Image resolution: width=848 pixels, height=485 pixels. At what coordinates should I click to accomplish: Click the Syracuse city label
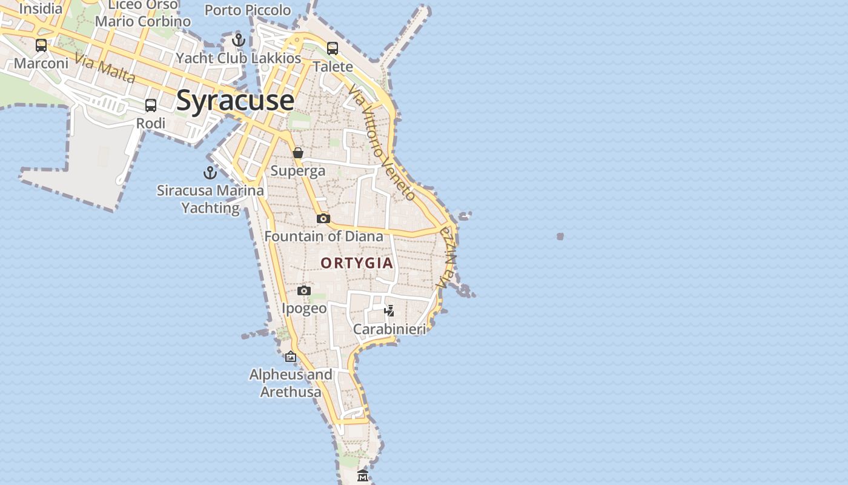(235, 100)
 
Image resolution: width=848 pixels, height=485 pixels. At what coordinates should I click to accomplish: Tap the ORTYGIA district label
(357, 263)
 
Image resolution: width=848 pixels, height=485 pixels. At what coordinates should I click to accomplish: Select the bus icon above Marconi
(41, 45)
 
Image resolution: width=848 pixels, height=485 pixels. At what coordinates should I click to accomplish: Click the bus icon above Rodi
(151, 105)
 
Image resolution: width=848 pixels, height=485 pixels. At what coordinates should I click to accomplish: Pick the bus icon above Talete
(333, 48)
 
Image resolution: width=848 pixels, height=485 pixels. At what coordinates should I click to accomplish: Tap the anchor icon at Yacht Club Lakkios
(239, 41)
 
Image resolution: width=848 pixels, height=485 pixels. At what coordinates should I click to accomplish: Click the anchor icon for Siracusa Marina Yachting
(210, 173)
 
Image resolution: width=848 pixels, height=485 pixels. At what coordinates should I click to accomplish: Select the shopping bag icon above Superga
(298, 153)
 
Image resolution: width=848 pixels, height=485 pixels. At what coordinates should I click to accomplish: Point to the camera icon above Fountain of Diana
(323, 218)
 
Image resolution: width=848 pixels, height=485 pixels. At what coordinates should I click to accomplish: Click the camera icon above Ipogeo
(304, 291)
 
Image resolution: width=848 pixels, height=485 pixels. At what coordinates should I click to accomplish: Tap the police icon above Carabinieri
(389, 311)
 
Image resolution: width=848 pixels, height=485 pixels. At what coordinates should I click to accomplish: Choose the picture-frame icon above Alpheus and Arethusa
(291, 356)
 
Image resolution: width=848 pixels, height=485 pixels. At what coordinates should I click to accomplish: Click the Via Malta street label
(105, 69)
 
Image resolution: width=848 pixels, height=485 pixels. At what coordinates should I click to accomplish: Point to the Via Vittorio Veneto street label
(382, 142)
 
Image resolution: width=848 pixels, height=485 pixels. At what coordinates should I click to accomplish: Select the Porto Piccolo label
(248, 10)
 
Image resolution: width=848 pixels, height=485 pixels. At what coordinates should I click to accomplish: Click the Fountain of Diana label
(324, 236)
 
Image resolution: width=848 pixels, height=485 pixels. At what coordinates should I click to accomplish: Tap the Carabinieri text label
(390, 329)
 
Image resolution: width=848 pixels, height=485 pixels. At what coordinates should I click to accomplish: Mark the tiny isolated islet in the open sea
(560, 236)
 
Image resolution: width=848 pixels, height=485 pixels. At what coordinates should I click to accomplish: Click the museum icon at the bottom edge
(363, 476)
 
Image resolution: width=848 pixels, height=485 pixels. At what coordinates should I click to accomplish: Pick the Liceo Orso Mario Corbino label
(143, 13)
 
